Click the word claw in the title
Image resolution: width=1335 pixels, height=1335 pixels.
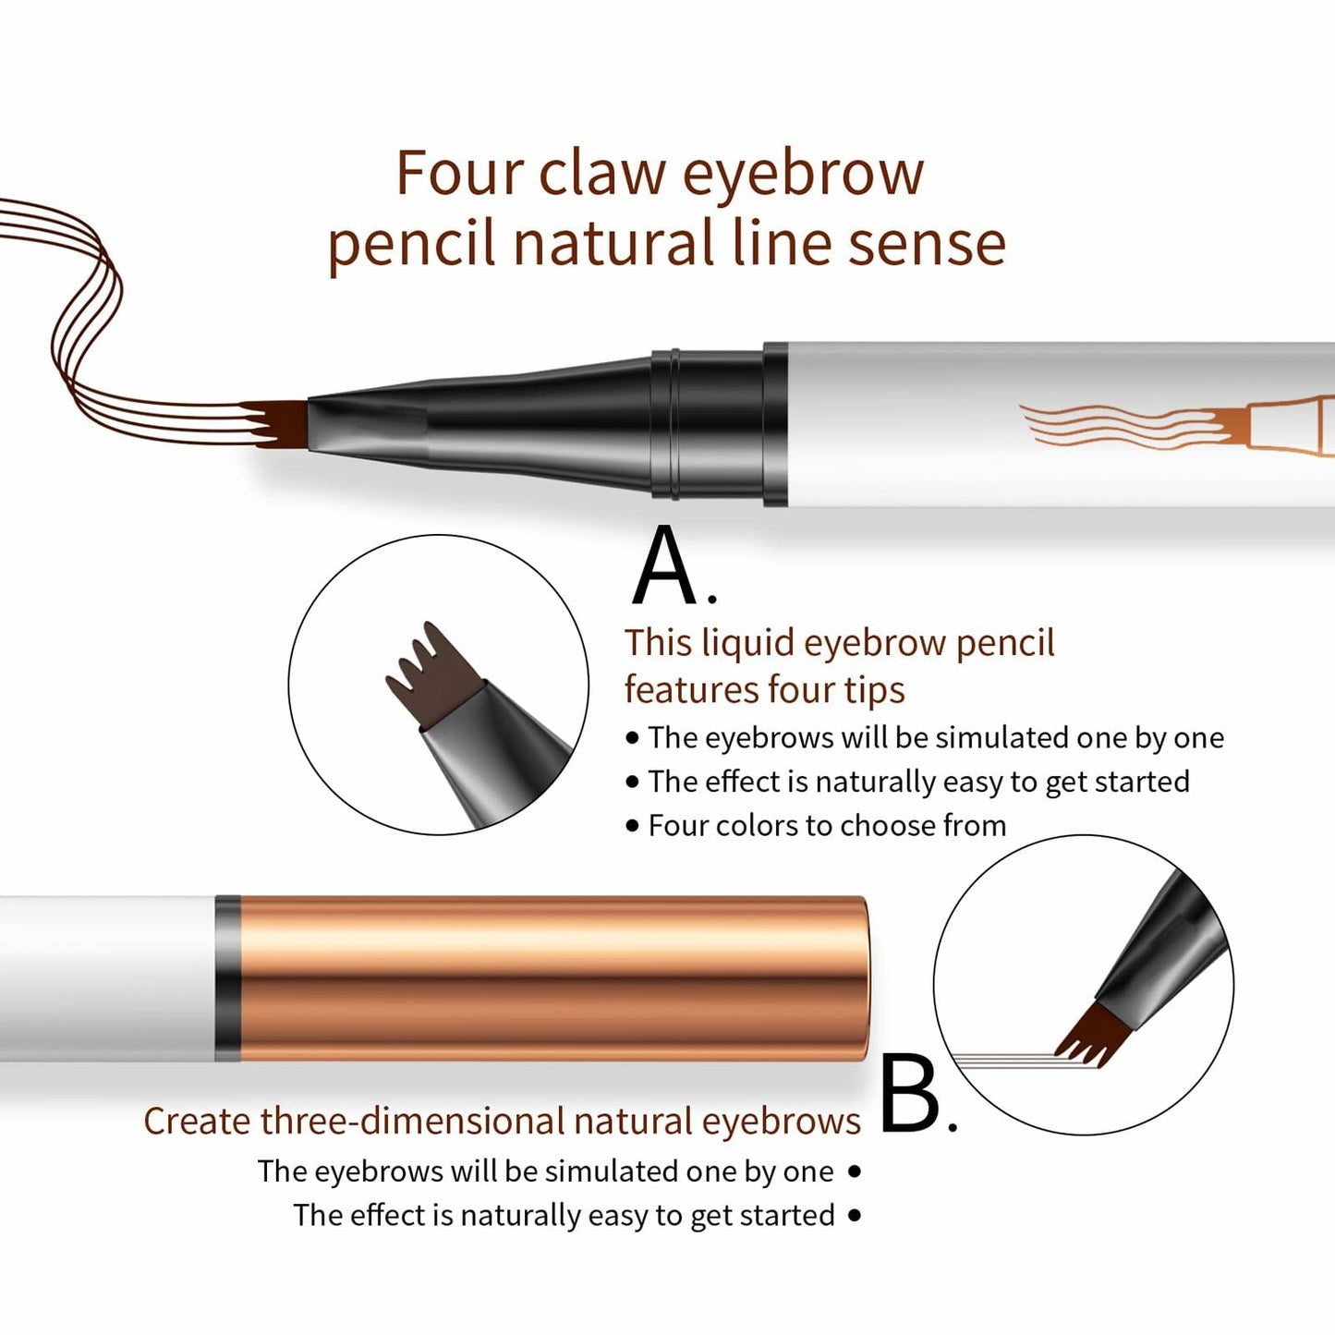coord(601,173)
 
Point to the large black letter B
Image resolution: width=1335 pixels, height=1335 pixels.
coord(911,1095)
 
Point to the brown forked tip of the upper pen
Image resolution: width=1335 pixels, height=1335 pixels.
coord(277,423)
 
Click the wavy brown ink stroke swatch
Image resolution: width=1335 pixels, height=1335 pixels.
coord(83,305)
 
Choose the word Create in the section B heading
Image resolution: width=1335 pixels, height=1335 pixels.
coord(197,1121)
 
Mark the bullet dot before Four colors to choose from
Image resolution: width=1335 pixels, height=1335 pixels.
coord(632,826)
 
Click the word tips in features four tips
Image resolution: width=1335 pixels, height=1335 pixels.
coord(873,690)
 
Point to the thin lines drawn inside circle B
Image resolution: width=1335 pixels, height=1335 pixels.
coord(1007,1060)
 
